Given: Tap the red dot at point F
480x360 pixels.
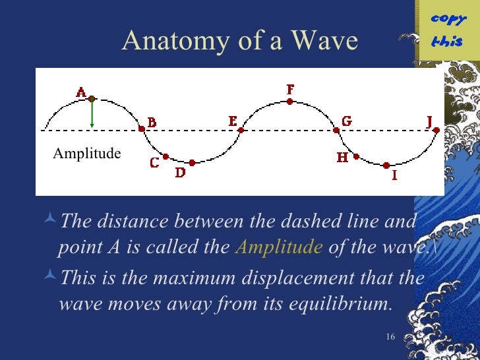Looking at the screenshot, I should tap(289, 102).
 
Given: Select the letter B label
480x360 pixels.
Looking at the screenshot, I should tap(152, 122).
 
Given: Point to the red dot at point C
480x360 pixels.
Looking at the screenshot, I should tap(165, 156).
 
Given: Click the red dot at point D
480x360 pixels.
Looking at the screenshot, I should tap(192, 162).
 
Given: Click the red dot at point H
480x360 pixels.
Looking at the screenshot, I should tap(356, 157).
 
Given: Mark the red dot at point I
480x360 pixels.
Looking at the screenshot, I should tap(386, 165).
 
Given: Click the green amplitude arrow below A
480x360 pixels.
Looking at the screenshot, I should tap(92, 114).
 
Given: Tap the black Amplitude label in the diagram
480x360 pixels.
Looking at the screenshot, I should tap(87, 154).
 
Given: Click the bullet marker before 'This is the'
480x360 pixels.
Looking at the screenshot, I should tap(51, 278).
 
